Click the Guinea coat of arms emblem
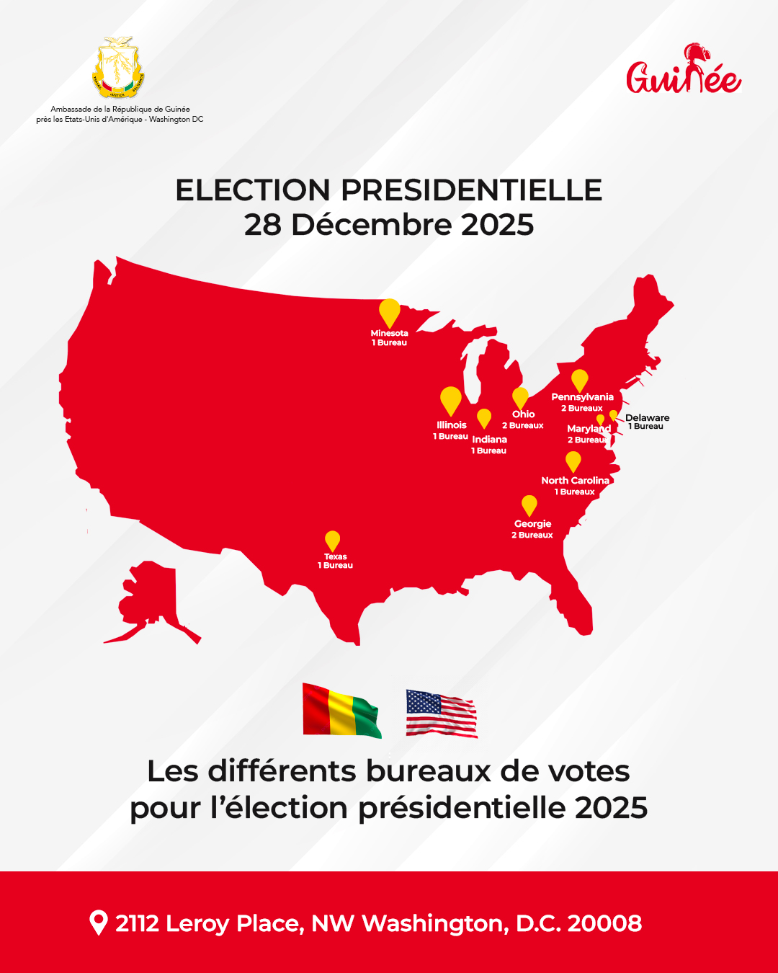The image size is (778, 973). click(x=119, y=68)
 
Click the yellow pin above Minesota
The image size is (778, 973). click(x=390, y=313)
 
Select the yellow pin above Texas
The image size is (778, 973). click(x=332, y=541)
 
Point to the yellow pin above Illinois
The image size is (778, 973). click(x=451, y=400)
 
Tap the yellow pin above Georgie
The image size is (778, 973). click(x=529, y=505)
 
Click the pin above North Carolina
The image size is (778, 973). click(x=573, y=461)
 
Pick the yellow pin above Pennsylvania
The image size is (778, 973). click(x=580, y=380)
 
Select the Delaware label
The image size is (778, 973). click(x=647, y=418)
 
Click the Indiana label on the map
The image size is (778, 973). click(x=490, y=440)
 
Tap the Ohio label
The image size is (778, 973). click(x=524, y=414)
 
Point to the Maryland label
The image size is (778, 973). click(x=589, y=429)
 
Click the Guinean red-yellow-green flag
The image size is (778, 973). click(x=341, y=711)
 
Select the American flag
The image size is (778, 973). click(x=442, y=714)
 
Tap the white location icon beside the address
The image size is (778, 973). click(x=98, y=923)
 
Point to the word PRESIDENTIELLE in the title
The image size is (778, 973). click(x=471, y=190)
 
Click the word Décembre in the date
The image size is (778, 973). click(x=372, y=225)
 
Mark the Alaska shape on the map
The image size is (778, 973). click(x=150, y=598)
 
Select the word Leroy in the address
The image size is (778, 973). click(x=197, y=923)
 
